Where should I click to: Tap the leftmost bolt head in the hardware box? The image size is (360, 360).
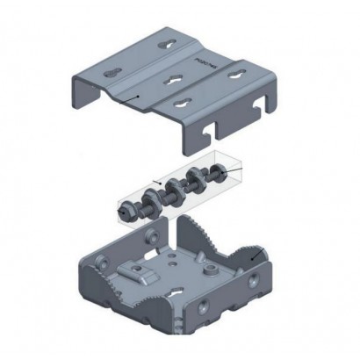(124, 210)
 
